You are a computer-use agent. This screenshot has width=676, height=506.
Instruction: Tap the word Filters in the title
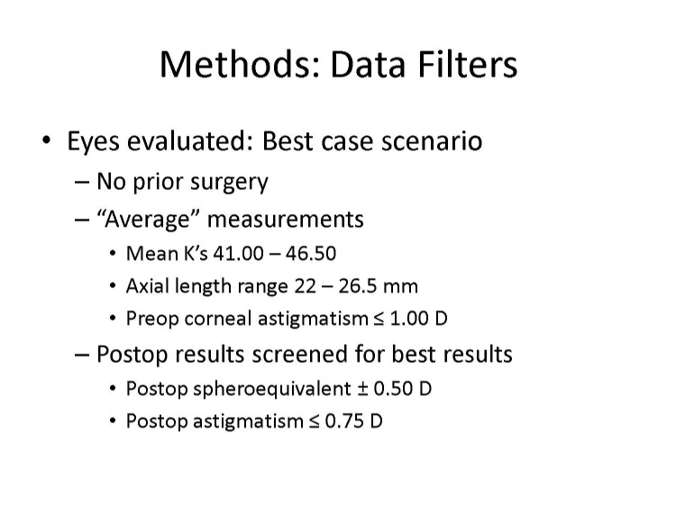(467, 64)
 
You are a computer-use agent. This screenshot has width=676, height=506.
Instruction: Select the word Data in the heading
(368, 64)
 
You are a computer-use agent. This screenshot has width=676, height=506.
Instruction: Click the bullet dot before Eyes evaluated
(47, 140)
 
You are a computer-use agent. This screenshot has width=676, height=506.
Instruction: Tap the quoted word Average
(148, 219)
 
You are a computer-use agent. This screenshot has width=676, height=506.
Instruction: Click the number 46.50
(310, 253)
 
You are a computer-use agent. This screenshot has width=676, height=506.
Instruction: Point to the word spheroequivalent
(272, 389)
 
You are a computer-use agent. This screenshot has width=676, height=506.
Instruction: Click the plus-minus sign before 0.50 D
(362, 389)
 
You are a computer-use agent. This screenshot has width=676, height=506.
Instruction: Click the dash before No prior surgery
(81, 182)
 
